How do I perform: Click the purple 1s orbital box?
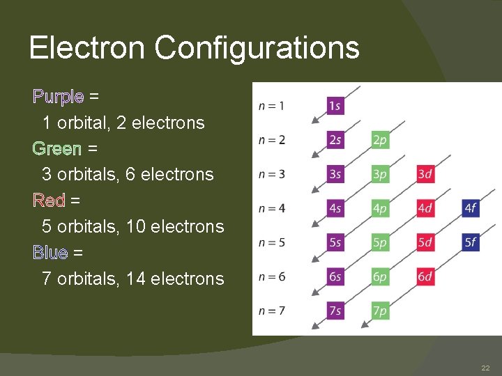tap(335, 106)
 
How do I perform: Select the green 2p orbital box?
tap(380, 140)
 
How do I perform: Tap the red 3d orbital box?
tap(425, 174)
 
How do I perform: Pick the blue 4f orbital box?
tap(471, 208)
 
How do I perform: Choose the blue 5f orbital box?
tap(471, 242)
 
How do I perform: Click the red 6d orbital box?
tap(425, 276)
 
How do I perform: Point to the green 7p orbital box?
tap(380, 311)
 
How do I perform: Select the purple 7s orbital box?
tap(335, 311)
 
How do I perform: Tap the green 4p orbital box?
tap(380, 208)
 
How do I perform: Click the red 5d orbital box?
tap(425, 242)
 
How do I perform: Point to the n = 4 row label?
tap(271, 208)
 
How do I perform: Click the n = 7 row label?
tap(271, 311)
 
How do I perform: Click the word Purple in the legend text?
tap(59, 97)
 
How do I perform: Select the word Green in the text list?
tap(57, 148)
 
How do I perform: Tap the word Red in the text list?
tap(49, 201)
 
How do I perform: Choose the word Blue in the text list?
tap(50, 252)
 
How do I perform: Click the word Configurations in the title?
tap(257, 48)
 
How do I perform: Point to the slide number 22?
tap(485, 367)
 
